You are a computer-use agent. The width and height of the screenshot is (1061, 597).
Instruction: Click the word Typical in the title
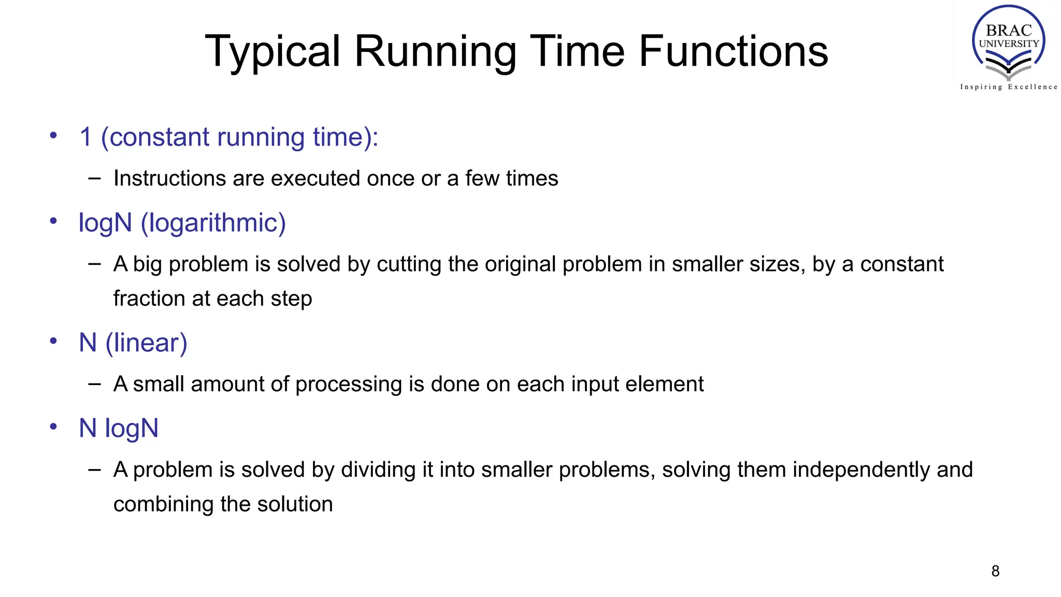pyautogui.click(x=273, y=52)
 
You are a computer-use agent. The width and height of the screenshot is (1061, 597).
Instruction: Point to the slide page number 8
pyautogui.click(x=995, y=571)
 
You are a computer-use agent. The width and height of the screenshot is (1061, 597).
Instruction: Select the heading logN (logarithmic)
pyautogui.click(x=182, y=223)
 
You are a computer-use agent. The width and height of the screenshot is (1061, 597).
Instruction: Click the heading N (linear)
pyautogui.click(x=133, y=343)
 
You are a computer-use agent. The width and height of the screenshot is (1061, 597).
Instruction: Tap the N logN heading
pyautogui.click(x=119, y=429)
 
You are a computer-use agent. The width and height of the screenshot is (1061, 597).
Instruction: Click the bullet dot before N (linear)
pyautogui.click(x=53, y=341)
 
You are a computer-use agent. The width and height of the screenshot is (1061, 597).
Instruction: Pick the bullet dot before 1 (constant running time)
pyautogui.click(x=53, y=136)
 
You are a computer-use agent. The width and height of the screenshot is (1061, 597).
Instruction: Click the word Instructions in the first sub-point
pyautogui.click(x=169, y=178)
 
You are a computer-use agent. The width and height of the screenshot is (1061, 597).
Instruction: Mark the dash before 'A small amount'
pyautogui.click(x=94, y=384)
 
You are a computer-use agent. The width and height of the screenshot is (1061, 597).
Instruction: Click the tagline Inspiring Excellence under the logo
pyautogui.click(x=1008, y=87)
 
